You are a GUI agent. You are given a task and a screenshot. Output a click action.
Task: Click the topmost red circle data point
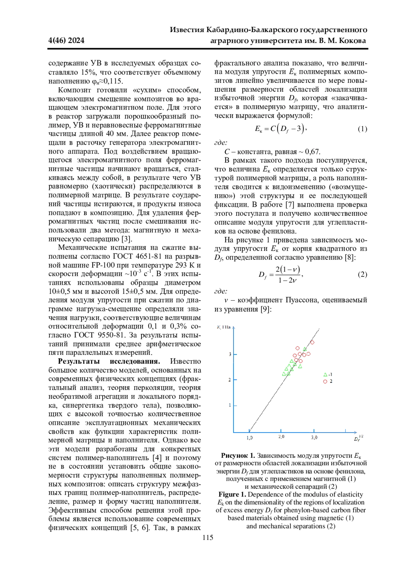(312, 342)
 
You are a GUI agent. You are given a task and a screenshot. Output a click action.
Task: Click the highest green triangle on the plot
(305, 349)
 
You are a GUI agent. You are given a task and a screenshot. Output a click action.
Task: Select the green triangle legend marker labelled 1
(325, 374)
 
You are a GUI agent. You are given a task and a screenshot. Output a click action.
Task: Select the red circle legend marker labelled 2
(325, 382)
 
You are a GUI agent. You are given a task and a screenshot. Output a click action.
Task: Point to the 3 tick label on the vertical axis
(230, 354)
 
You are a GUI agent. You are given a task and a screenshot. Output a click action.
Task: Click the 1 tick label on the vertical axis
(230, 405)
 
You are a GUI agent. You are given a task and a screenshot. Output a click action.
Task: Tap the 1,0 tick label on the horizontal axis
(249, 438)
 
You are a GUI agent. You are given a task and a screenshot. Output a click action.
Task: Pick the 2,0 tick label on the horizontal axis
(281, 437)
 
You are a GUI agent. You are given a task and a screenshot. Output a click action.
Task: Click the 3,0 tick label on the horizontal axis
(314, 438)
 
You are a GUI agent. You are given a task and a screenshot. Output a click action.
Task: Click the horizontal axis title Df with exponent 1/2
(358, 438)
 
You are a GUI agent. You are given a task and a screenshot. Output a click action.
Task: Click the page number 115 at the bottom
(208, 537)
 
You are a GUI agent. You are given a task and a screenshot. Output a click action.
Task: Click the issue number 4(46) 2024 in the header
(67, 41)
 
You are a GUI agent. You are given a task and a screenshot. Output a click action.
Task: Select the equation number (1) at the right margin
(362, 129)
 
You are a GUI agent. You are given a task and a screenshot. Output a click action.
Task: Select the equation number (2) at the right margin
(362, 274)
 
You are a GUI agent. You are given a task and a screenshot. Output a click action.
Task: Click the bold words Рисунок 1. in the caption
(238, 455)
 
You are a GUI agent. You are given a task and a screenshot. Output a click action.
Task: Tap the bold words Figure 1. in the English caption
(232, 494)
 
